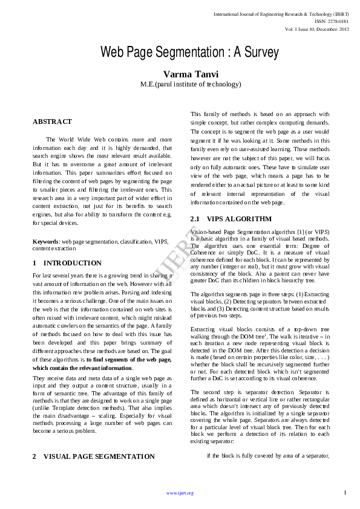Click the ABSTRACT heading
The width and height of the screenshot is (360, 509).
[x=52, y=122]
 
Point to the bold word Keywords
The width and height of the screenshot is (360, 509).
[x=45, y=242]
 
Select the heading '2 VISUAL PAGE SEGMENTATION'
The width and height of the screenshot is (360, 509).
[x=93, y=456]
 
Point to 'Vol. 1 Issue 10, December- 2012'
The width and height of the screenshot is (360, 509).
[x=317, y=29]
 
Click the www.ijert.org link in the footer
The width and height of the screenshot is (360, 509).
[x=180, y=493]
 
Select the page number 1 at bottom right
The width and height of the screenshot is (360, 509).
[x=345, y=493]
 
